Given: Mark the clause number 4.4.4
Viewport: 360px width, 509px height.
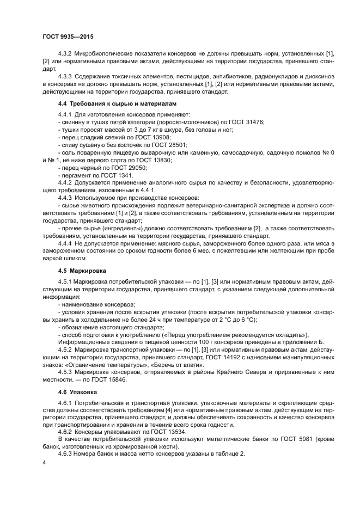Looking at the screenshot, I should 65,243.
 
